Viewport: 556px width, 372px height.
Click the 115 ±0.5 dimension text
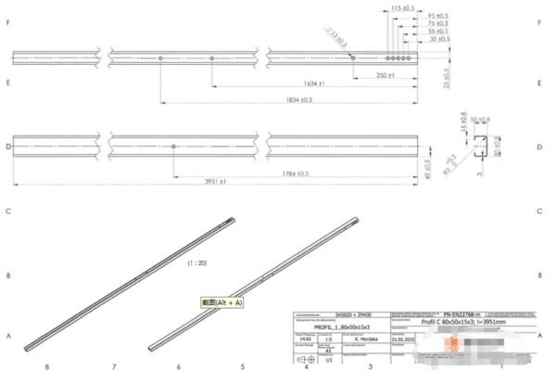point(401,7)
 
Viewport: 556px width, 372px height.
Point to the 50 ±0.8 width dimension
point(481,121)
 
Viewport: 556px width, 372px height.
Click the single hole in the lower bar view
point(174,146)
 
